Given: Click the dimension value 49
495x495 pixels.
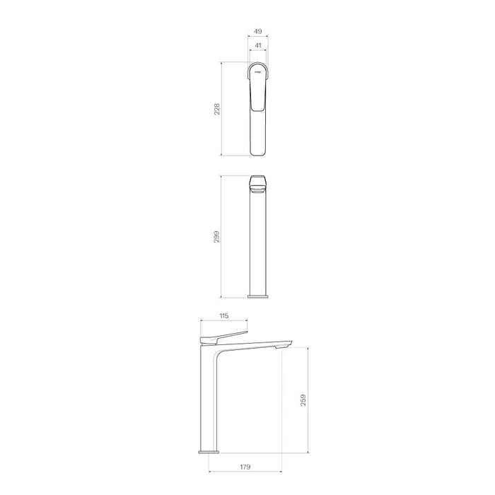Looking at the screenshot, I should (258, 33).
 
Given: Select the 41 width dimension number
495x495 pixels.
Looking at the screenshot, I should (258, 46).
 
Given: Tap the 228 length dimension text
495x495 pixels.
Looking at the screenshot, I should (217, 109).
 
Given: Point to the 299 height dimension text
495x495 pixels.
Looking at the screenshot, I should (217, 235).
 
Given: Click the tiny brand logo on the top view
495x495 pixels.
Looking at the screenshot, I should (258, 71).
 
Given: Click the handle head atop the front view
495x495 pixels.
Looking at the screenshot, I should (258, 183).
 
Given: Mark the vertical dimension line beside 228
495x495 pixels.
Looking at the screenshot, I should (223, 109).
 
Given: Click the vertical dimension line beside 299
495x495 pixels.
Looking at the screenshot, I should (223, 235).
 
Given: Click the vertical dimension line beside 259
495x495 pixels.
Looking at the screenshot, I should (309, 400).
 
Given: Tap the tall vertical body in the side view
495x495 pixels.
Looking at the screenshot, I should (210, 396).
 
